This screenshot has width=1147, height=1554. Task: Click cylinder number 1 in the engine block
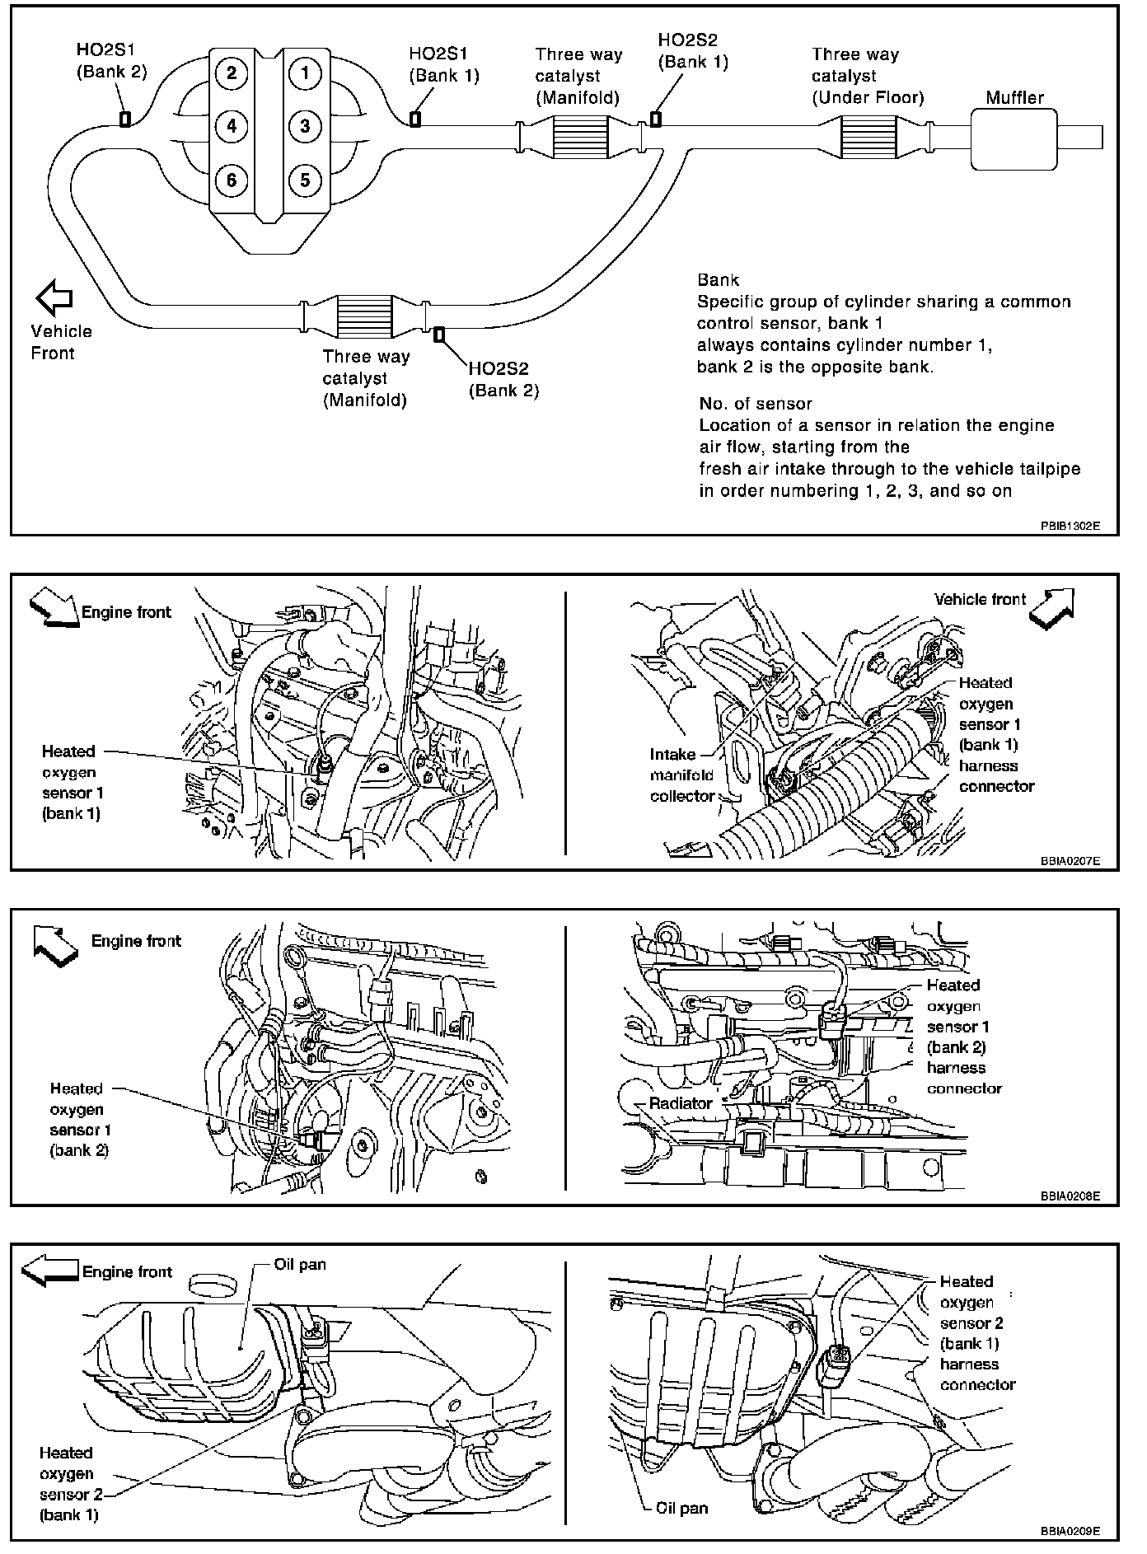coord(305,73)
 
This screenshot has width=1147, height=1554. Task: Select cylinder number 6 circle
coord(232,179)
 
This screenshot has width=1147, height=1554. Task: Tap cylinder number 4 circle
coord(232,126)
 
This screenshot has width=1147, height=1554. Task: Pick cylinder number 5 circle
coord(305,179)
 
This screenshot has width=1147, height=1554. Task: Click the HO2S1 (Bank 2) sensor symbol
coord(125,119)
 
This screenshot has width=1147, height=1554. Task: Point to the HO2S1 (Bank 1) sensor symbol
coord(415,119)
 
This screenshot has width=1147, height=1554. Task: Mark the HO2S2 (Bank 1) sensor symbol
coord(655,119)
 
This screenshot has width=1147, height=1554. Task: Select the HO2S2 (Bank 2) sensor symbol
coord(439,334)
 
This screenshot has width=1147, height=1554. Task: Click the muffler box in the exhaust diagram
coord(1014,139)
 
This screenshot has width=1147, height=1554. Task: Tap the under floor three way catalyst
coord(869,137)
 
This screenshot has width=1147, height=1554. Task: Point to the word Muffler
coord(1014,97)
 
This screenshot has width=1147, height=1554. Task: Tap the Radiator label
coord(681,1103)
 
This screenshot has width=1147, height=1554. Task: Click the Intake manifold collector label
coord(682,775)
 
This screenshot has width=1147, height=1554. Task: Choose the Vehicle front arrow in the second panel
coord(1052,608)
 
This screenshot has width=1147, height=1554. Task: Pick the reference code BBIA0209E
coord(1069,1531)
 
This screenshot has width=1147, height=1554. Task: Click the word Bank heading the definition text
coord(718,280)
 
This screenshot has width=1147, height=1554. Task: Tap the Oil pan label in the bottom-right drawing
coord(682,1509)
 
